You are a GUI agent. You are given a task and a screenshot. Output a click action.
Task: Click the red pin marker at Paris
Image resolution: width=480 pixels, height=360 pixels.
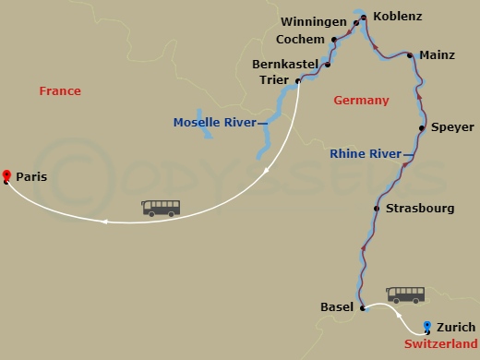click(x=6, y=175)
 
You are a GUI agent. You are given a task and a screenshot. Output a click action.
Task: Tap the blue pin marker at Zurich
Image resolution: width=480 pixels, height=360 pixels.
click(x=427, y=326)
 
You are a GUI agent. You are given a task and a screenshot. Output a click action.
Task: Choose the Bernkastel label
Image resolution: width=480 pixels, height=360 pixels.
click(x=284, y=65)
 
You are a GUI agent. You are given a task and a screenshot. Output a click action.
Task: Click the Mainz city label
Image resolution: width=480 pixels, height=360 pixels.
click(x=437, y=55)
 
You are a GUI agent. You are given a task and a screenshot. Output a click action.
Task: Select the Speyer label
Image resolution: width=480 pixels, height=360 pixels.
click(x=452, y=127)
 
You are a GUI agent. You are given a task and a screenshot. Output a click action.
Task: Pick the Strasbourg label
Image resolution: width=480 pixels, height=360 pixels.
click(x=420, y=209)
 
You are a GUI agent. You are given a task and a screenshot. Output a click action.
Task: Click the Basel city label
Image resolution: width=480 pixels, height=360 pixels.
click(x=336, y=307)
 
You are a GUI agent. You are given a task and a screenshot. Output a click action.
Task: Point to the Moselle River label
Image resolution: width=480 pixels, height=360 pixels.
click(x=215, y=122)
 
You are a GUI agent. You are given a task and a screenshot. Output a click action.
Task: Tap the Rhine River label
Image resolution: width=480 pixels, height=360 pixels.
click(x=366, y=154)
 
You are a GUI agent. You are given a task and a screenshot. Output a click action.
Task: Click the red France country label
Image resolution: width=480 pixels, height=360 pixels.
click(x=60, y=91)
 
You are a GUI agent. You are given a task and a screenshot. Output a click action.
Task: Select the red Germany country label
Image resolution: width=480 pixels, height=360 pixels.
click(x=361, y=101)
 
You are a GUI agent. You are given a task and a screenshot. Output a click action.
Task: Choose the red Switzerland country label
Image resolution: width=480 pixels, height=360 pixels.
click(x=441, y=344)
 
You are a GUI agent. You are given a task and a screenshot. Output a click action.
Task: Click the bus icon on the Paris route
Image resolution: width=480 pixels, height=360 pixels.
click(x=161, y=209)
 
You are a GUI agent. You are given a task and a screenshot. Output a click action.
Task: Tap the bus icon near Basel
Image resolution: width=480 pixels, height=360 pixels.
click(x=405, y=295)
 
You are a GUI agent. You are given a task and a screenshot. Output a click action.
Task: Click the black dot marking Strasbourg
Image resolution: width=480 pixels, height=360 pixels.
click(x=376, y=209)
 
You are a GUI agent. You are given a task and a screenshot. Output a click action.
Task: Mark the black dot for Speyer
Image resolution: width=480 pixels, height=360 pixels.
click(x=422, y=127)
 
